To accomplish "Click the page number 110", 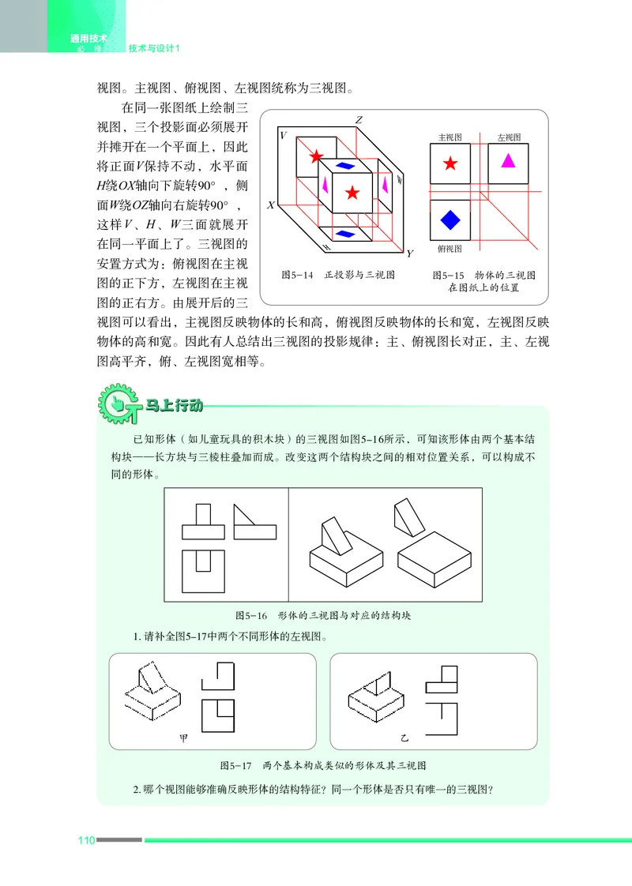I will click(x=85, y=839).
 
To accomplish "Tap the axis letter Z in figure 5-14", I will click(x=358, y=121).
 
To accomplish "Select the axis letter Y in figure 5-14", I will click(x=409, y=253).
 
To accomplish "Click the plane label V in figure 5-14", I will click(x=284, y=136).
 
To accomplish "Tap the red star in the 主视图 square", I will click(x=450, y=163).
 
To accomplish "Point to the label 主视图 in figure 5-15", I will click(x=450, y=137).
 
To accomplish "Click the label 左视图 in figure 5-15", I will click(x=509, y=137).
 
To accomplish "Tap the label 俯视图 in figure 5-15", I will click(x=449, y=248).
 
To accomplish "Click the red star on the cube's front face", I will click(x=352, y=192).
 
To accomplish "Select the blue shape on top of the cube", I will click(x=345, y=166).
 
